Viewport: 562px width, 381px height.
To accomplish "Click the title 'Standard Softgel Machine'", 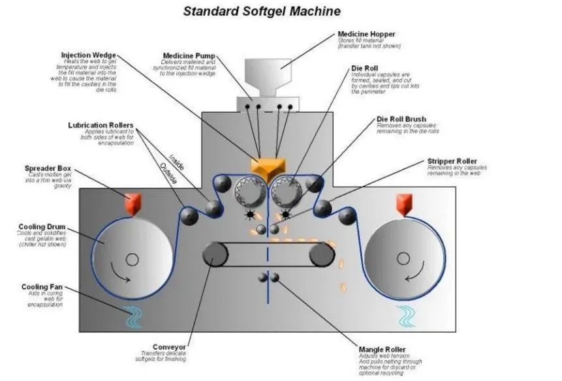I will click(x=261, y=11).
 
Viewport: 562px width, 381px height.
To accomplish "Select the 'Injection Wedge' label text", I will click(x=90, y=55).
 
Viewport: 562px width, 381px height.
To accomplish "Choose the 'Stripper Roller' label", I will click(x=452, y=161).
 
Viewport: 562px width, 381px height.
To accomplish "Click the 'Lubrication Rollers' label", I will click(x=101, y=125).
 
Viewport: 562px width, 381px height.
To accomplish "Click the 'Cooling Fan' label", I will click(x=42, y=286).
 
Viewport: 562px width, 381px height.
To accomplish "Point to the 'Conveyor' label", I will click(x=168, y=346).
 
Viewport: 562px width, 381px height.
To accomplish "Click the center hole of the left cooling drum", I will click(x=133, y=260).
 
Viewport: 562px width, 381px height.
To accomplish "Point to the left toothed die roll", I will click(x=249, y=191).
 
